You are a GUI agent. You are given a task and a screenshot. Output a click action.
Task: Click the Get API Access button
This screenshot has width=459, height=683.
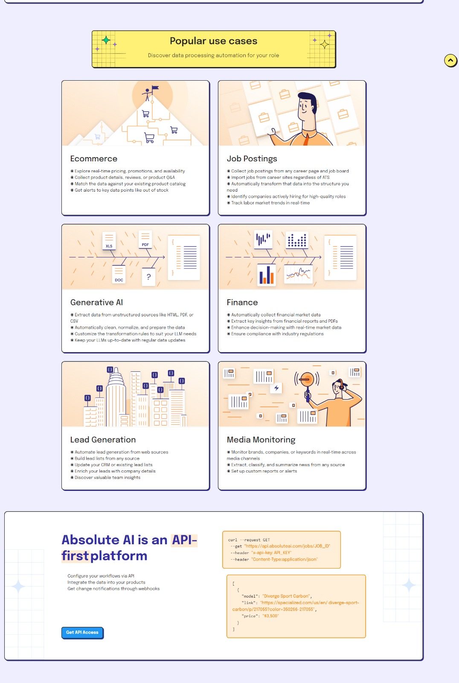coord(82,632)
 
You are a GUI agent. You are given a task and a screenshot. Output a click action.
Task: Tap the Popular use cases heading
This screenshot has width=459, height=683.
coord(213,41)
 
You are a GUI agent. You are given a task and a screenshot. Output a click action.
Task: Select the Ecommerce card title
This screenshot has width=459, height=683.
coord(94,159)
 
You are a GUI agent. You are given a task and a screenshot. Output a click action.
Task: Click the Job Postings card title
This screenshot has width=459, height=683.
coord(252,159)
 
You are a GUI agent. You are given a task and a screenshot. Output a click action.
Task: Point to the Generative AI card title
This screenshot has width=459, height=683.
coord(96,302)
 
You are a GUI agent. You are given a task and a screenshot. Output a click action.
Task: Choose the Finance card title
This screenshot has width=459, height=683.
coord(242,302)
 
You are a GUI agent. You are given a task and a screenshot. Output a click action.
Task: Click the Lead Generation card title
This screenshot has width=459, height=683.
coord(103,440)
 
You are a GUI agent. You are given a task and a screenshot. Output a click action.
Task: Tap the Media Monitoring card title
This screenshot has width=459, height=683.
coord(261,440)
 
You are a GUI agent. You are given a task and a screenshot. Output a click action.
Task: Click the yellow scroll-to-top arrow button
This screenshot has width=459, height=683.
coord(450,61)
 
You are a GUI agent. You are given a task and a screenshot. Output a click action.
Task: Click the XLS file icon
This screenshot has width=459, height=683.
coord(109,241)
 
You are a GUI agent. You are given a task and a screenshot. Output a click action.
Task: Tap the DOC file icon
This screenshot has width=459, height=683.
coord(119,275)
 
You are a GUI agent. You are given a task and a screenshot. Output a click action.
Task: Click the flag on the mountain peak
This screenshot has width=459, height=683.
coord(155,88)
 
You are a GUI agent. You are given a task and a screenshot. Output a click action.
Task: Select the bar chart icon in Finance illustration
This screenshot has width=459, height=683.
coord(267,275)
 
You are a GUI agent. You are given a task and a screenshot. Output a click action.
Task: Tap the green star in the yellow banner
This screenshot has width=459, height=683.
coord(106,41)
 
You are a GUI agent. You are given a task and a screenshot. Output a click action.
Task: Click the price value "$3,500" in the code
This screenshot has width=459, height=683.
coord(270,616)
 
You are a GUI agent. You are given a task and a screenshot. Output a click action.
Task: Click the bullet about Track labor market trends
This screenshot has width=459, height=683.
coord(270,203)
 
